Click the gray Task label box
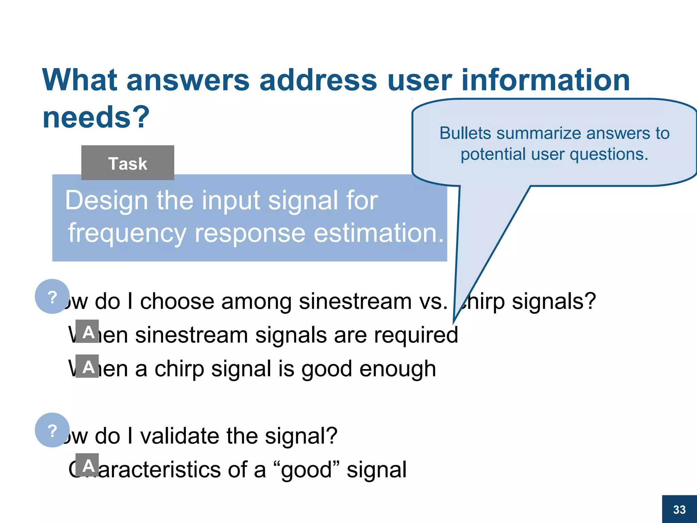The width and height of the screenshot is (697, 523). (x=128, y=163)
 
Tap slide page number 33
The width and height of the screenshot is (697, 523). (x=679, y=509)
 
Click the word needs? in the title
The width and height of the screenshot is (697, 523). (x=96, y=117)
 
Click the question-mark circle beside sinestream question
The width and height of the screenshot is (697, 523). (x=52, y=297)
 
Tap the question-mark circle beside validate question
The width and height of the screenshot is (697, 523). (x=52, y=430)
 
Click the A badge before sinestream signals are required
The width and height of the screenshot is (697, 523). (x=87, y=331)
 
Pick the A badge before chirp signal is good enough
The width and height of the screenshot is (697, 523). (x=87, y=366)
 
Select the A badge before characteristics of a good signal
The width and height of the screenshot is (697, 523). (x=87, y=465)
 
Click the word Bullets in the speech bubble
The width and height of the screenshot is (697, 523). (x=465, y=133)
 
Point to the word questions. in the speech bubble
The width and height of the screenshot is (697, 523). (x=609, y=154)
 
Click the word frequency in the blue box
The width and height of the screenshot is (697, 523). (x=127, y=233)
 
